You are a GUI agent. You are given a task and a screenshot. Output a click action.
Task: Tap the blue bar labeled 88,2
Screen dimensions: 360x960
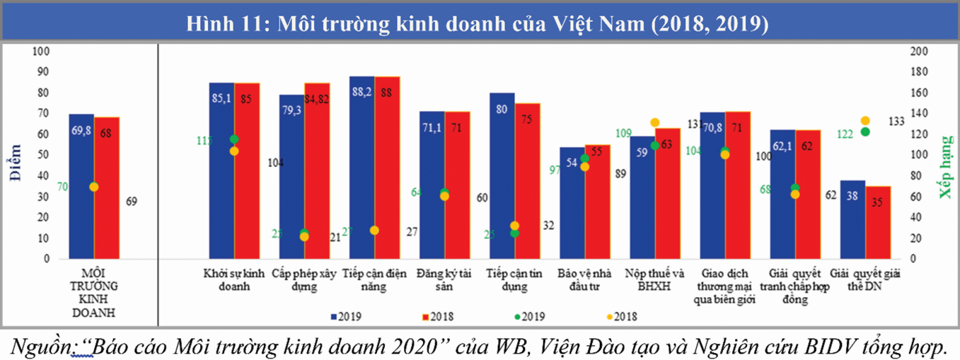click(x=362, y=170)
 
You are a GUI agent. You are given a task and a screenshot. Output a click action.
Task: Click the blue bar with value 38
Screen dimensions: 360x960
click(x=852, y=220)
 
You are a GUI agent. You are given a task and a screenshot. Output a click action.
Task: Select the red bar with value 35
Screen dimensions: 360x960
click(x=878, y=223)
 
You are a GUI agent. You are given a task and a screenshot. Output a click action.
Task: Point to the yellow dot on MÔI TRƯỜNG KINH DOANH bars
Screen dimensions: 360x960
click(x=94, y=187)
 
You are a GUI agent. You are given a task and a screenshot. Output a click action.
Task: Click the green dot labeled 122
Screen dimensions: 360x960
click(x=865, y=132)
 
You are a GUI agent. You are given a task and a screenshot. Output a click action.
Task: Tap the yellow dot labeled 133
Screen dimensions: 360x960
click(x=865, y=121)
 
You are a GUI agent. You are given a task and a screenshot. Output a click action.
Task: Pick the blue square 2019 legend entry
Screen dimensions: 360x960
click(x=346, y=315)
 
